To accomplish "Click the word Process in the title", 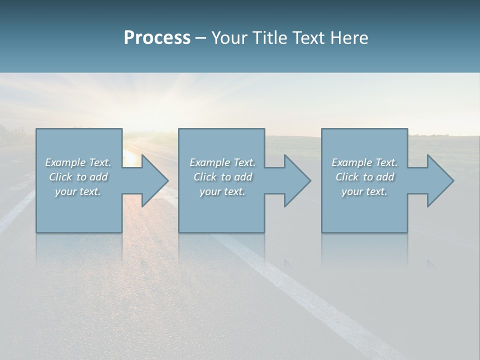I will coord(157,38).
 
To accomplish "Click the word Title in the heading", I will coord(268,38).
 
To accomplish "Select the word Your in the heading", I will coord(230,38).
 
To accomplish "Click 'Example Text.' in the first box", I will coord(78,162).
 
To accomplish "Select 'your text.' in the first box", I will coord(78,191).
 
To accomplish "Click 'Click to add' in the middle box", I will coord(222,177).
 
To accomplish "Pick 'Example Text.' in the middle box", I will coord(222,162).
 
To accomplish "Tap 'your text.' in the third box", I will coord(364,191).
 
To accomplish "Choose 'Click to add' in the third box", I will coord(364,177).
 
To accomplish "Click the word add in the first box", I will coord(98,177).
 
